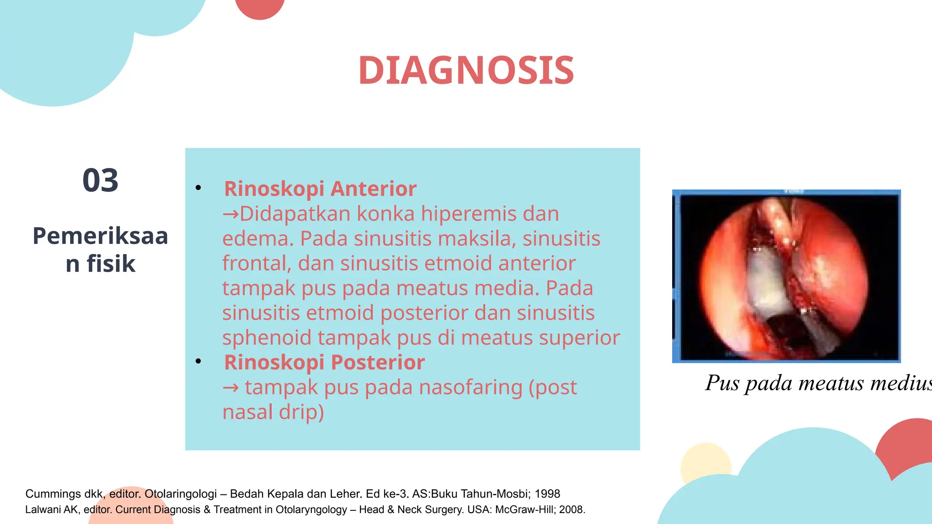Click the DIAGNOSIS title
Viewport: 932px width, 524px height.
click(x=466, y=71)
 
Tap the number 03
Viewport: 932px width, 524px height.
click(x=100, y=181)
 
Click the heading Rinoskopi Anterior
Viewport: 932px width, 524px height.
click(x=320, y=189)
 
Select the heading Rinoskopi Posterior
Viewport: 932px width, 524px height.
click(x=324, y=363)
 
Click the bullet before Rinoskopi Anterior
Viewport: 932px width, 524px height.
click(x=198, y=188)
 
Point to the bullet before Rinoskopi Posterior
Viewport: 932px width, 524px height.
click(x=198, y=362)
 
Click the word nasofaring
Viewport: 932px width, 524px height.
click(x=471, y=388)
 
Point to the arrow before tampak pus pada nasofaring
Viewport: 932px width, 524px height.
click(x=231, y=388)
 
